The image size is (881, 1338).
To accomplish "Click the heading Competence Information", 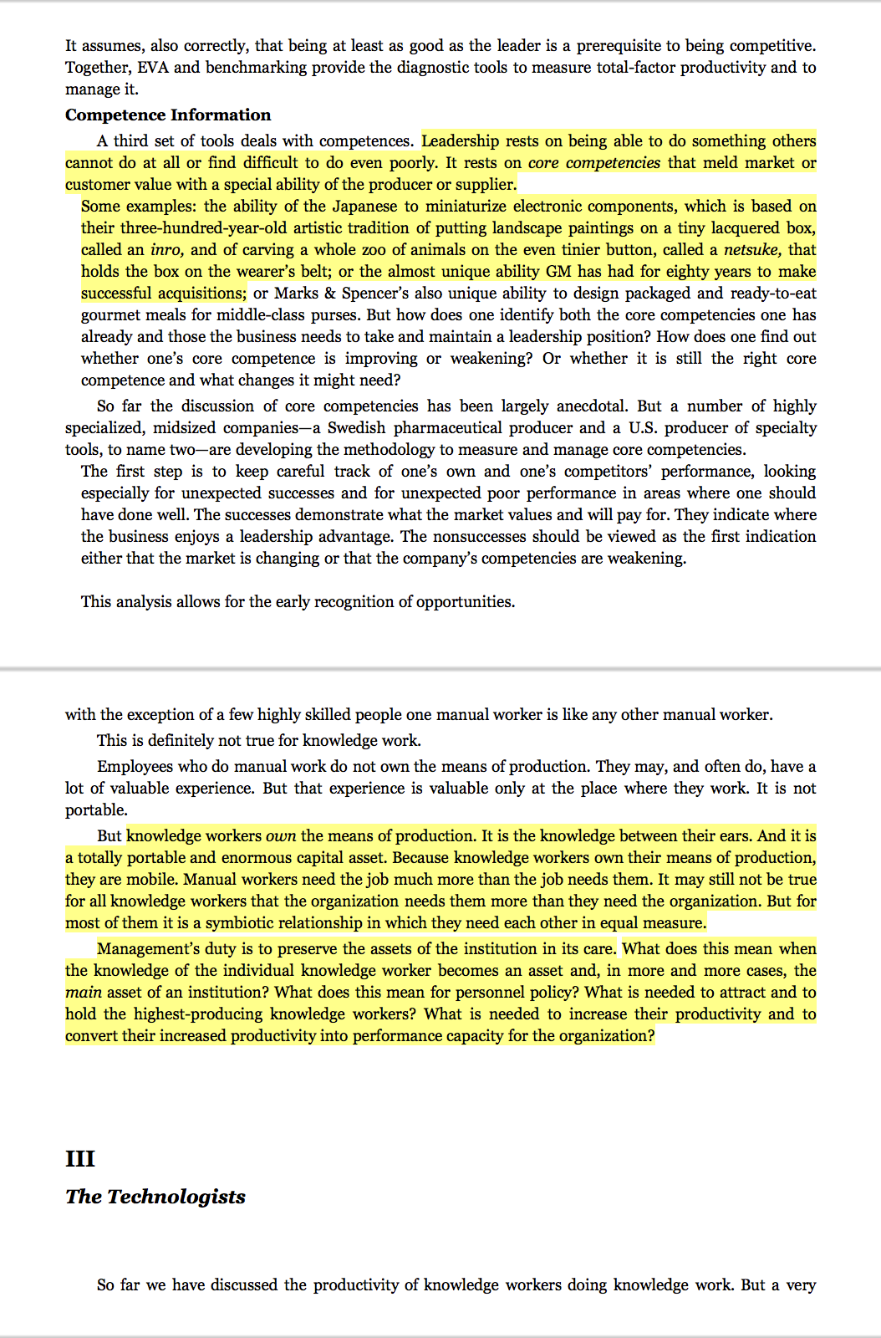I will [x=168, y=115].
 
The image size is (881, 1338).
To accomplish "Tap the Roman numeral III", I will [x=80, y=1159].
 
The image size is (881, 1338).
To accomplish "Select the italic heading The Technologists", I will [x=155, y=1197].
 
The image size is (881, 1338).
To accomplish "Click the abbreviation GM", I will [x=558, y=272].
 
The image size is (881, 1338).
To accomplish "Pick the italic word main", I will [x=84, y=993].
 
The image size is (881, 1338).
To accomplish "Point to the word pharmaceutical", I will [x=463, y=428].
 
